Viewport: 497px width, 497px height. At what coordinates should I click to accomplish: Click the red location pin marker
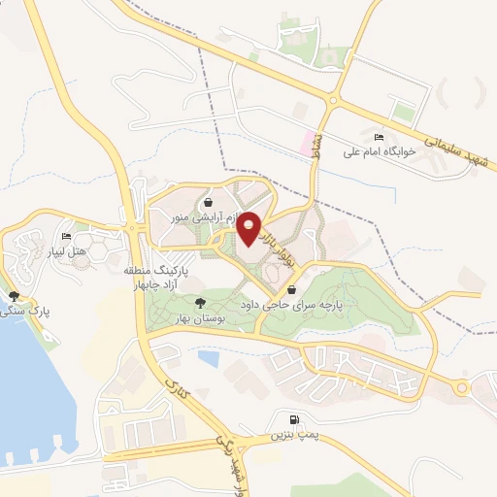click(250, 228)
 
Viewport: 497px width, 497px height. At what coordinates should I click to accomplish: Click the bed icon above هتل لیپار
click(67, 237)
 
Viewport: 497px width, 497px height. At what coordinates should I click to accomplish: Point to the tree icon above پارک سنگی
click(13, 296)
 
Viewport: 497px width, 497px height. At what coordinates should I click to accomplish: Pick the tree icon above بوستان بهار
click(201, 303)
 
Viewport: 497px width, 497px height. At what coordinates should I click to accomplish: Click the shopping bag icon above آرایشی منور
click(209, 203)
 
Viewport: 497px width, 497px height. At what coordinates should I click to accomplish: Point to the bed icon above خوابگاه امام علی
click(379, 137)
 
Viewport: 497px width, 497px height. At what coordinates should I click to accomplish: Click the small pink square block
click(312, 144)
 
